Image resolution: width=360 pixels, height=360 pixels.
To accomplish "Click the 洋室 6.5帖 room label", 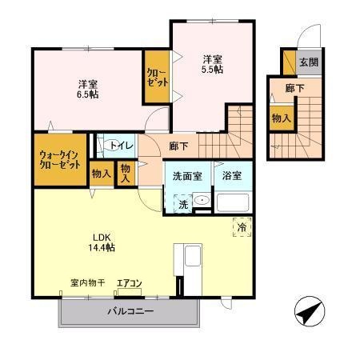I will coord(88,88).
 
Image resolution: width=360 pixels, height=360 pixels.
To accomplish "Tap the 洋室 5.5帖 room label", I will coord(211,63).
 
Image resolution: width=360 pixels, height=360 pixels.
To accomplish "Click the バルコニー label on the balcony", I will coord(130,310).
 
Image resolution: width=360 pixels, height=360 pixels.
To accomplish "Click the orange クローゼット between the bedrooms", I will coord(155,77).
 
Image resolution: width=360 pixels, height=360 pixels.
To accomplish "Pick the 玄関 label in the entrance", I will coord(308,62).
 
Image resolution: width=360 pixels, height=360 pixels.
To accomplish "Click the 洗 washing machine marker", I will coord(182,204).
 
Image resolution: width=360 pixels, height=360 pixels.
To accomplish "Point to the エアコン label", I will coord(129,283).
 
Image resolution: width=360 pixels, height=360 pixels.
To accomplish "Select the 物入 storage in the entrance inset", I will coord(281,118).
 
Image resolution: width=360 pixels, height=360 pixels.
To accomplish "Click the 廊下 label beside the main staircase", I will coord(178,146).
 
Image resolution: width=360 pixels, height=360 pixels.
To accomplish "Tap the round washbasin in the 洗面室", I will coord(202,201).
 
